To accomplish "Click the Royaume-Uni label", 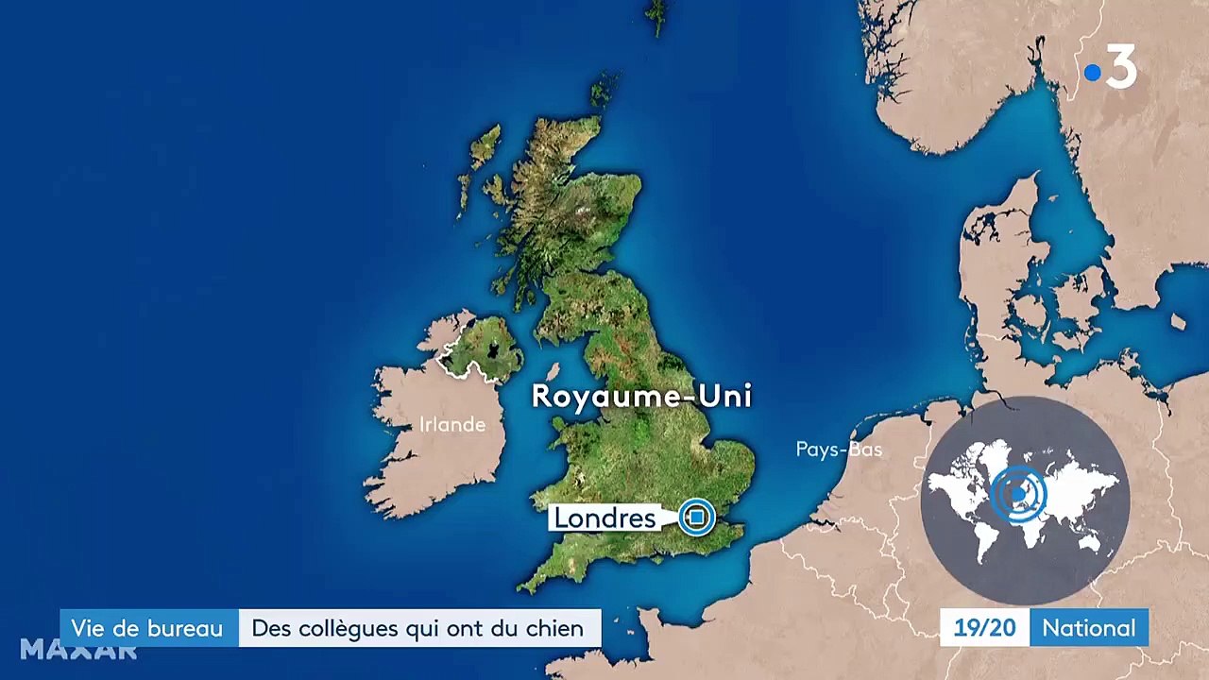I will coord(641,396).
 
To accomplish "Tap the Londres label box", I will coord(604,518).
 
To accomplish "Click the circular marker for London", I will coord(697,517).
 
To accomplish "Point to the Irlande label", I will coord(452,425).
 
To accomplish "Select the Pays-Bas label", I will coord(839,450).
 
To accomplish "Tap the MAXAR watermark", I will coord(78,650).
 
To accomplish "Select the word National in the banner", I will coord(1089,628).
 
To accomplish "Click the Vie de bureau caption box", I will coord(148,628).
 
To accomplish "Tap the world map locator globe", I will coord(1025,501).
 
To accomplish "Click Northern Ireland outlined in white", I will coord(482,349).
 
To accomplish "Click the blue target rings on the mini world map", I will coord(1017,493).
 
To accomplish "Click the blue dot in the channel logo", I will coord(1093,73).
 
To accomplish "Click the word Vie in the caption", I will coord(88,628).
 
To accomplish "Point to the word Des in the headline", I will coord(271,628).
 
